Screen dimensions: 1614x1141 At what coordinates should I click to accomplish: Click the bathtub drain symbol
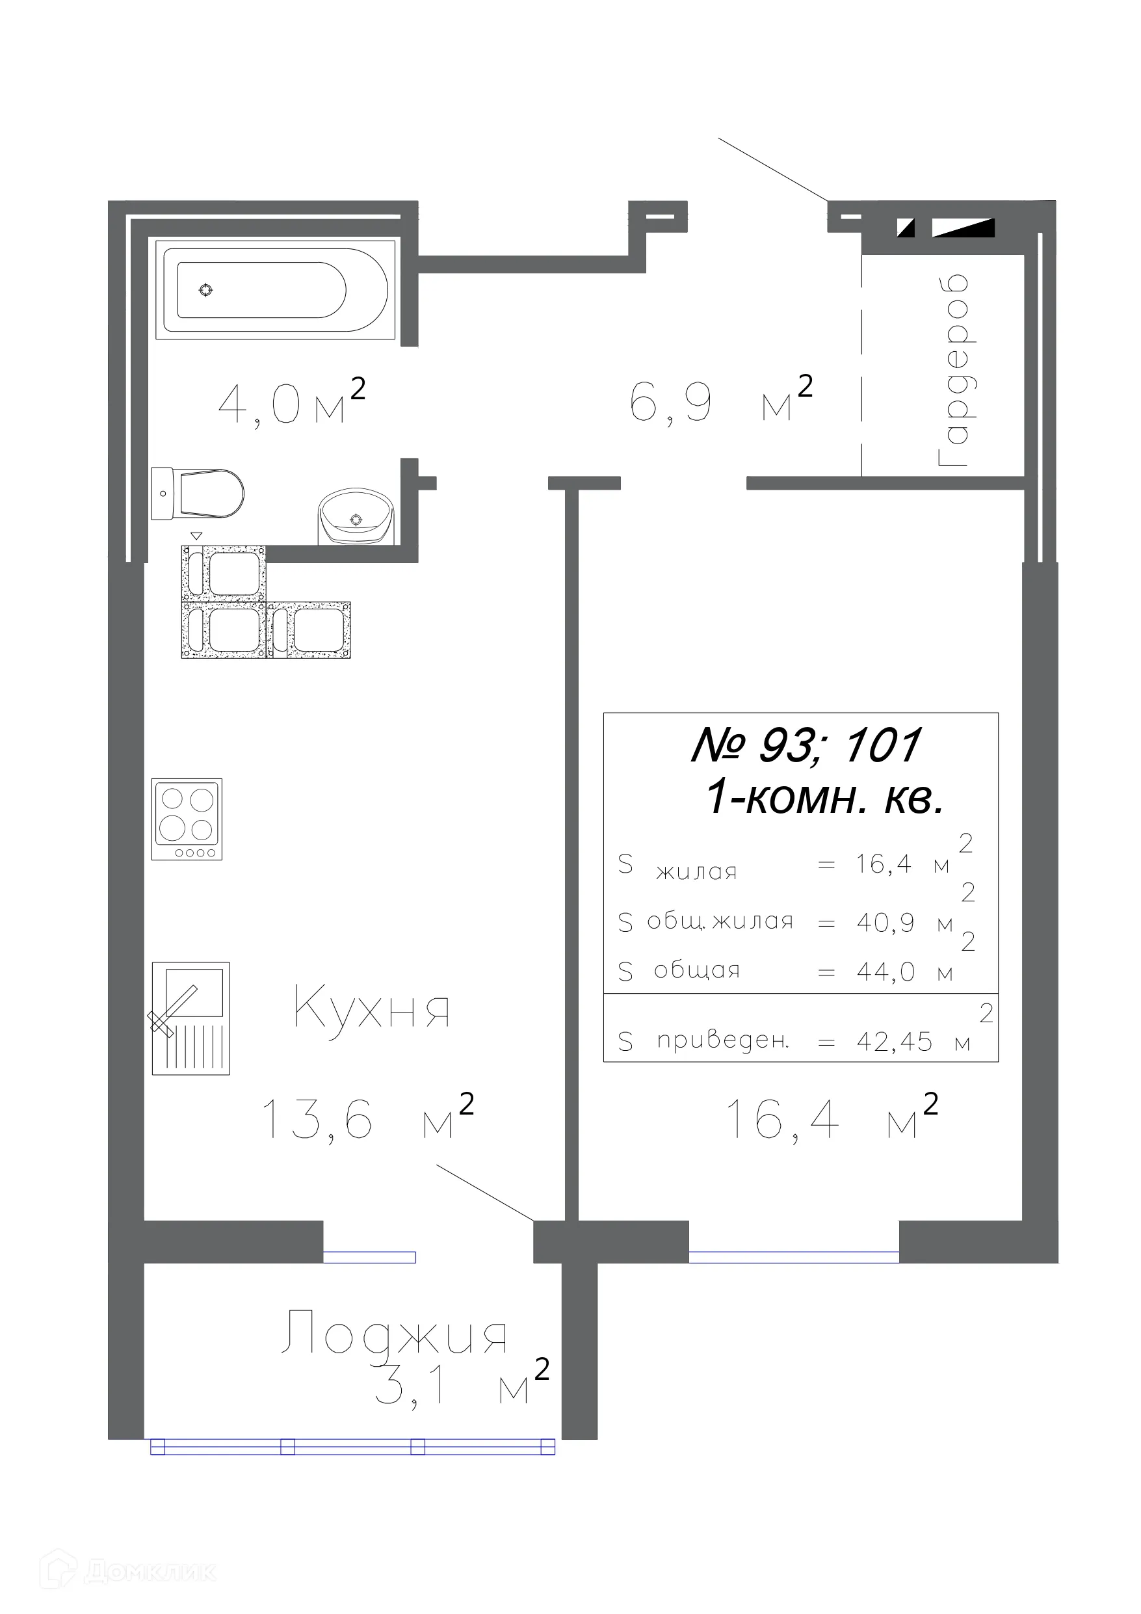coord(206,289)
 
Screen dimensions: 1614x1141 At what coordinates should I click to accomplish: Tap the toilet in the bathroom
coord(199,494)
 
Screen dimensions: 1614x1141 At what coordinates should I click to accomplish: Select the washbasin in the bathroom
coord(356,517)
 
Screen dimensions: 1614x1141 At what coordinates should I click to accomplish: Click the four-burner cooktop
coord(187,819)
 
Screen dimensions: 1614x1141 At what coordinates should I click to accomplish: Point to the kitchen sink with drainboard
coord(191,1018)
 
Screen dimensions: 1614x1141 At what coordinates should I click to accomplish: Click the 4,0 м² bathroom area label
coord(291,402)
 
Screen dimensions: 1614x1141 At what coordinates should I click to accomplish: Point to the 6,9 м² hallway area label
coord(720,401)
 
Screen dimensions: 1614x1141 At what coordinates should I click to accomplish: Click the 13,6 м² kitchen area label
coord(367,1118)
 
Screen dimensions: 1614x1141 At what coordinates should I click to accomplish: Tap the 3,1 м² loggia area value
coord(460,1386)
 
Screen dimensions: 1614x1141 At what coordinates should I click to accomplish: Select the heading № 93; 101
coord(806,745)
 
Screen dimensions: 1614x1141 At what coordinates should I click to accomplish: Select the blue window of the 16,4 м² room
coord(793,1258)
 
